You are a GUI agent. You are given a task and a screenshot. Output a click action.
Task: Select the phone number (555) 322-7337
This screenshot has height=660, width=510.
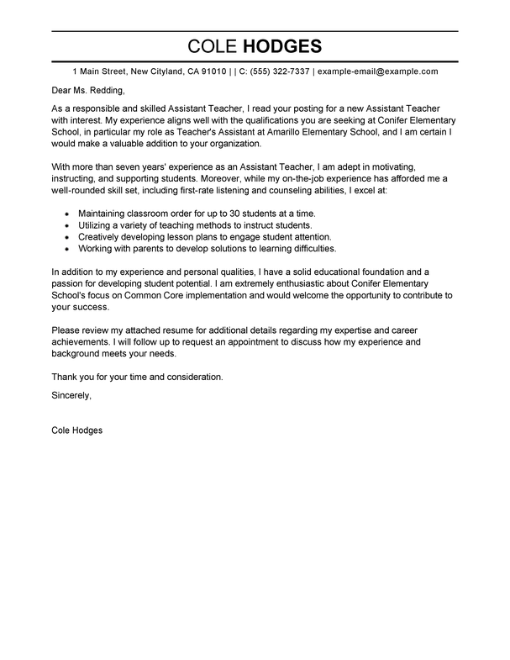[278, 72]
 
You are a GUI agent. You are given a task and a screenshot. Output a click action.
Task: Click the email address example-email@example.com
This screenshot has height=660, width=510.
[377, 72]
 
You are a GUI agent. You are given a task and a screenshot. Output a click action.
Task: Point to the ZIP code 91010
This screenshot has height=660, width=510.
[210, 72]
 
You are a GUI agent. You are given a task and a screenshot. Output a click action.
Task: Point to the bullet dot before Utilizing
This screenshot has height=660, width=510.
[66, 227]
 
